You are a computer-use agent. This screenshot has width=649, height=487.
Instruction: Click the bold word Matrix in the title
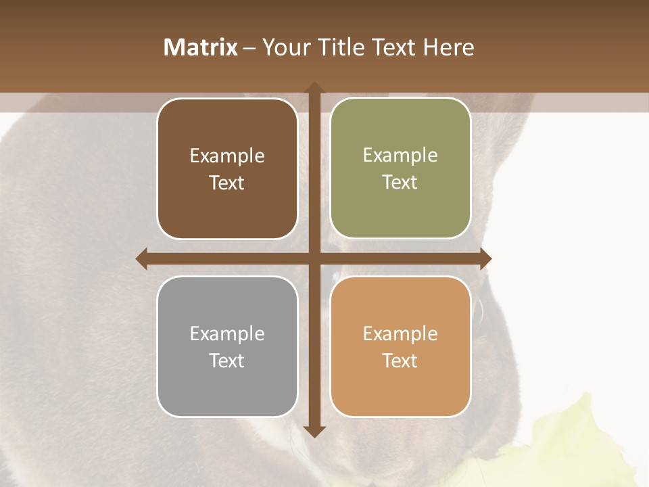pyautogui.click(x=200, y=47)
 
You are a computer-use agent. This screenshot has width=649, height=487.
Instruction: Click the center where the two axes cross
pyautogui.click(x=314, y=258)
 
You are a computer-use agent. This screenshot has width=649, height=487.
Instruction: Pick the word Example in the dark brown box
pyautogui.click(x=227, y=156)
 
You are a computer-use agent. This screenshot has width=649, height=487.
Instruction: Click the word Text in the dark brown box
pyautogui.click(x=227, y=183)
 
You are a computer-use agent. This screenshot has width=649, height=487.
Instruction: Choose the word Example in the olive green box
pyautogui.click(x=400, y=156)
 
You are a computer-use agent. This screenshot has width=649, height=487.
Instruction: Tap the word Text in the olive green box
pyautogui.click(x=400, y=182)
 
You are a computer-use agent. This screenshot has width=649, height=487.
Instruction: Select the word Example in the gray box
pyautogui.click(x=227, y=333)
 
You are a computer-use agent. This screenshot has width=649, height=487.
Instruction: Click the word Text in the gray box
pyautogui.click(x=227, y=361)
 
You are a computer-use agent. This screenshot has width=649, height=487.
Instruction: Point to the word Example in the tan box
pyautogui.click(x=400, y=333)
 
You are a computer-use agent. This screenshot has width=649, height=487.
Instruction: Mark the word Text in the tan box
pyautogui.click(x=400, y=361)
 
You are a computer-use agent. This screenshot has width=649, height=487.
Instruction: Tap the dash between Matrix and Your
pyautogui.click(x=249, y=48)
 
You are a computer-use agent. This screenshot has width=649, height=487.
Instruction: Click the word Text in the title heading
pyautogui.click(x=395, y=47)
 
